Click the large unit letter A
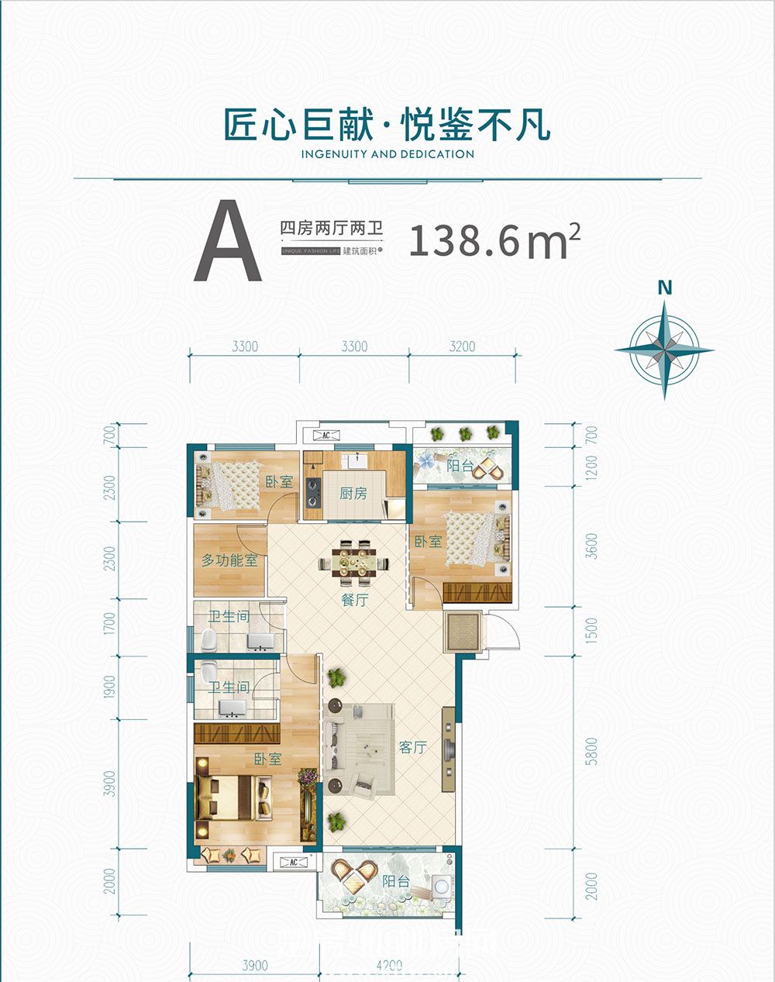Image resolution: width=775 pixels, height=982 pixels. tap(228, 242)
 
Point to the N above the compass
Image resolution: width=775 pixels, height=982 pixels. tap(664, 288)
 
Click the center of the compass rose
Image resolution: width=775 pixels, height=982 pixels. tap(664, 350)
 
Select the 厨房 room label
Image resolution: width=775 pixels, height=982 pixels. tap(353, 493)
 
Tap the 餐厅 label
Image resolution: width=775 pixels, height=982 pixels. tap(354, 599)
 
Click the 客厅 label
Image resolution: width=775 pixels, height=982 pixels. tap(413, 747)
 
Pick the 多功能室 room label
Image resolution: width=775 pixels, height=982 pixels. tap(229, 560)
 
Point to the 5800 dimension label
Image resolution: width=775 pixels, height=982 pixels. tap(593, 751)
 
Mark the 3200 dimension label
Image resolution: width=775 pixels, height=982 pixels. tap(462, 346)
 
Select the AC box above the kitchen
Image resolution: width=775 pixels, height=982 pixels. tap(326, 435)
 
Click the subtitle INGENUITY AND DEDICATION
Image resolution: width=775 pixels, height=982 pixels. tap(387, 154)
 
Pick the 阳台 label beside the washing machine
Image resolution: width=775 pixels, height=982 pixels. tap(395, 881)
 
